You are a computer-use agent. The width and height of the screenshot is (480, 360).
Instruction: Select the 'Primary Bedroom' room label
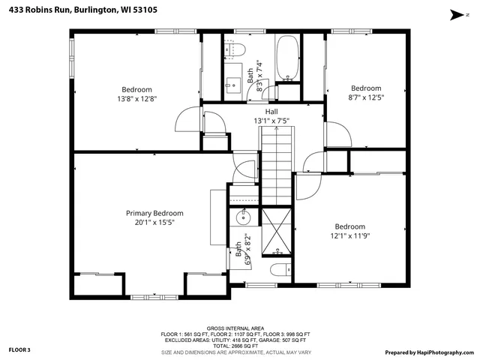click(x=154, y=213)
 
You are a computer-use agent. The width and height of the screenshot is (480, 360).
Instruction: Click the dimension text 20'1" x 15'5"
click(x=154, y=223)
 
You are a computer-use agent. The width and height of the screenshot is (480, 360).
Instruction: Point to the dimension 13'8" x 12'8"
click(x=136, y=98)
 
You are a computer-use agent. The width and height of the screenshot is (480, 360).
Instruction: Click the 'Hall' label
click(x=271, y=111)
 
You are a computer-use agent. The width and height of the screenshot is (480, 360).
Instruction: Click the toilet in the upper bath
click(x=238, y=49)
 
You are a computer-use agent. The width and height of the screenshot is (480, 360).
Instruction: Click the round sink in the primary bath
click(x=243, y=219)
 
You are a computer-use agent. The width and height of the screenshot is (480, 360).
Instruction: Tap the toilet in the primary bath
click(x=277, y=271)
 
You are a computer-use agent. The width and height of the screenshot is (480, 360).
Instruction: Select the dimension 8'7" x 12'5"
click(x=366, y=97)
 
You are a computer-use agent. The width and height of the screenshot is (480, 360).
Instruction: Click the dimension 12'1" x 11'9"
click(x=349, y=236)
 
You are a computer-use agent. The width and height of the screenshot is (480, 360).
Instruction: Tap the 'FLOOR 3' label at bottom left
click(x=19, y=349)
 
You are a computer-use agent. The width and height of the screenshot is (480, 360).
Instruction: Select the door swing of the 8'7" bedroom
click(x=335, y=135)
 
